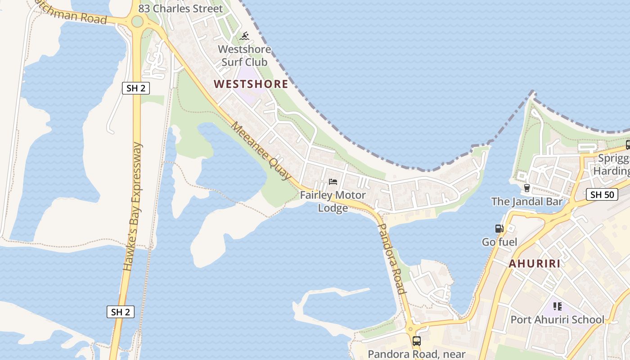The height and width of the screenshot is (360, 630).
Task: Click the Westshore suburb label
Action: (x=251, y=84)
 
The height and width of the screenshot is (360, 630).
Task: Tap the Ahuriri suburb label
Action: (x=535, y=264)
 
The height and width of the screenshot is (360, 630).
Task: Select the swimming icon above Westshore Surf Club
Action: (x=244, y=36)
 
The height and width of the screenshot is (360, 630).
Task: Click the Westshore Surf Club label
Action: (x=244, y=55)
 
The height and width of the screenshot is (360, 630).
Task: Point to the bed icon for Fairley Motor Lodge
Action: (x=333, y=182)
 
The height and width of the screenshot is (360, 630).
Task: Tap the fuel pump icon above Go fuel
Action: (x=499, y=229)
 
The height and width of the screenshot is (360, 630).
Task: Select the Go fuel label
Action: (x=499, y=242)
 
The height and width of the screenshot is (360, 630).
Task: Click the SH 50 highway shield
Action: (x=602, y=195)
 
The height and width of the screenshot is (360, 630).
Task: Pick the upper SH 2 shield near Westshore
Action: (x=136, y=88)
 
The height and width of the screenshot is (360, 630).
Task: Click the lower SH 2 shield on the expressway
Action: (x=121, y=312)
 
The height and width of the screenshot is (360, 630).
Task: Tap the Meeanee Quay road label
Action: (x=261, y=151)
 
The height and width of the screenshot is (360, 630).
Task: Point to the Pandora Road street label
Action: (x=391, y=259)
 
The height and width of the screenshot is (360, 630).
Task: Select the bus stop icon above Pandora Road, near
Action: (x=417, y=341)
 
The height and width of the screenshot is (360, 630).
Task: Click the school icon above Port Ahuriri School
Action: (x=558, y=307)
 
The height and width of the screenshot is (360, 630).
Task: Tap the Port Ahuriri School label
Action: (x=558, y=320)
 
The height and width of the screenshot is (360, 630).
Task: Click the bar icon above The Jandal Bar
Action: (x=527, y=188)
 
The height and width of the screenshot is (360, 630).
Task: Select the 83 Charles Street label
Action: (x=180, y=9)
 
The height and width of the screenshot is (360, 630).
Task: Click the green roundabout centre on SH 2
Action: (x=137, y=21)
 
